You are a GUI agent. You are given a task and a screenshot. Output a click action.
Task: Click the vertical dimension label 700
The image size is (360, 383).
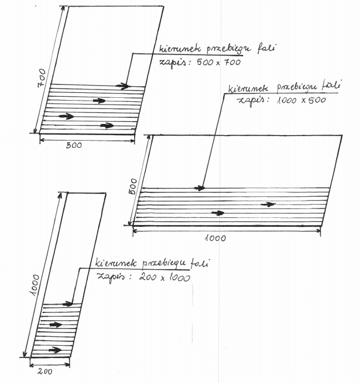point(41,78)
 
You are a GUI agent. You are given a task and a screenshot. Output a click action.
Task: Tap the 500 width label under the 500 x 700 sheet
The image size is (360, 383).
point(74,145)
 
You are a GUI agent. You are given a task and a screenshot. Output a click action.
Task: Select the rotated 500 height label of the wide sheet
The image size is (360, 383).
point(133,186)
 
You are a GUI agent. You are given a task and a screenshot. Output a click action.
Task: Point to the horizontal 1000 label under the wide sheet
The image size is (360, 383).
point(215,238)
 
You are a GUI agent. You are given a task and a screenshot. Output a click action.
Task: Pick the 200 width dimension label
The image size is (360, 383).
point(45,371)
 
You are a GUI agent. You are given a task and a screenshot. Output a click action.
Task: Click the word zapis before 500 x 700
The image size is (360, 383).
point(174,62)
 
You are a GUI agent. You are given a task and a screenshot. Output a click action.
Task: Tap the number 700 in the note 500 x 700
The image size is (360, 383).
point(233,62)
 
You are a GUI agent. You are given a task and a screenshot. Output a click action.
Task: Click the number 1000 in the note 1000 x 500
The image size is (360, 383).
point(288,100)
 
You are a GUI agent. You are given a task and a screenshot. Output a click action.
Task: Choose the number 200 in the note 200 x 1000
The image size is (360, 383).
point(147,277)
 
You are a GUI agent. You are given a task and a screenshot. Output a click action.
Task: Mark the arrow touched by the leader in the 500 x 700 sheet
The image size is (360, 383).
point(122,86)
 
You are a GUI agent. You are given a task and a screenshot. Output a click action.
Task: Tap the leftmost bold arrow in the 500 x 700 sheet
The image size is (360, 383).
point(66,116)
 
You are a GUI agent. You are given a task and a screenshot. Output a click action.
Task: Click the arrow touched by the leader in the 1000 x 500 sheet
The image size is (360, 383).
point(199,188)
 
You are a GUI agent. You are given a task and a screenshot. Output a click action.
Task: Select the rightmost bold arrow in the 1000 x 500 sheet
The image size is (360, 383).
point(268,204)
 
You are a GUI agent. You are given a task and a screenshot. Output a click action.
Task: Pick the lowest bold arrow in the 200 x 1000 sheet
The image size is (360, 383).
point(55,350)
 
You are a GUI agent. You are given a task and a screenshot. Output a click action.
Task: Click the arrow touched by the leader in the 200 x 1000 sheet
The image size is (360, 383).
point(67,304)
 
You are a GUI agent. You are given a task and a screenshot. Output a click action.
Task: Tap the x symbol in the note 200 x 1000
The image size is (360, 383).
point(162,278)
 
